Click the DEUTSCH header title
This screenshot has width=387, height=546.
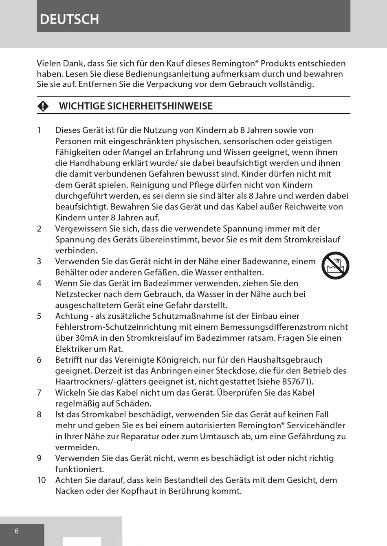point(70,19)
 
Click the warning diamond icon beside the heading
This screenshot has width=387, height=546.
point(43,106)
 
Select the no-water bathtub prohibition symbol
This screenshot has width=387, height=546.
point(335,265)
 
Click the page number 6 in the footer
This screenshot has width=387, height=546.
point(17,531)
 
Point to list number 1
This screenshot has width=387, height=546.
point(39,130)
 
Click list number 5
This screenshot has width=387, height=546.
point(39,316)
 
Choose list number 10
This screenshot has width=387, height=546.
point(42,480)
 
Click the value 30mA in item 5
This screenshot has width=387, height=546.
point(86,338)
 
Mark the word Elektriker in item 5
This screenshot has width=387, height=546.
point(75,349)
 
